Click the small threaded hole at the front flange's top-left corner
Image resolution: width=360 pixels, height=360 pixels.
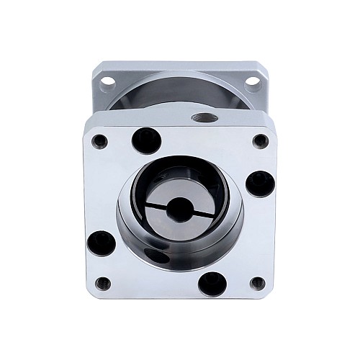(100, 141)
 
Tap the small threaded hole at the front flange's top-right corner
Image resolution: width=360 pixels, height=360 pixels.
(260, 141)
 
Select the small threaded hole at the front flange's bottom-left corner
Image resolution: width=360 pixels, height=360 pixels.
(103, 283)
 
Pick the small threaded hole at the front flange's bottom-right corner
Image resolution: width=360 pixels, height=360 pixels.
(258, 282)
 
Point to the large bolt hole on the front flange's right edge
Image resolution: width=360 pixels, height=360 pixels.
(258, 183)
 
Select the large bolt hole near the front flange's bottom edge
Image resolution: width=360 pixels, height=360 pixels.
(210, 282)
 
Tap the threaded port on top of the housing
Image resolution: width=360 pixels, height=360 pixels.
(199, 116)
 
